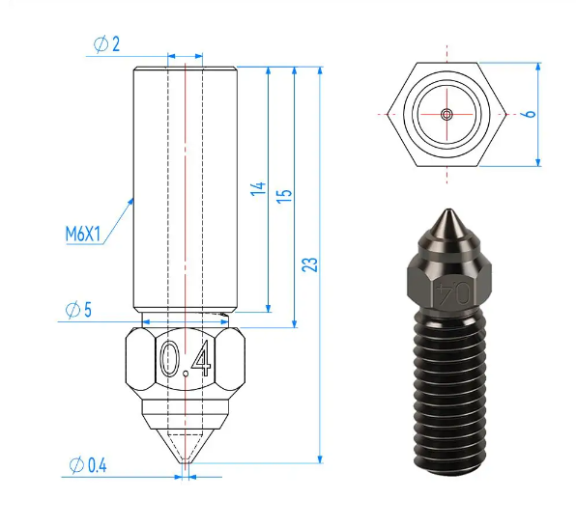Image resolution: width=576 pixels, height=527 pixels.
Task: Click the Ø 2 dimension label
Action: point(106,44)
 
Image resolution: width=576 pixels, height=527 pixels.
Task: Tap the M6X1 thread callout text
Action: point(83,234)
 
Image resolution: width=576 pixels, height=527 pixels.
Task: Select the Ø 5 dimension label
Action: point(78,310)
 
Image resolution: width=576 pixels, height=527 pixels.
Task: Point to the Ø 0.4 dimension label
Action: point(88,465)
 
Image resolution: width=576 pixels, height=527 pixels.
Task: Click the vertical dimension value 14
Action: point(258,188)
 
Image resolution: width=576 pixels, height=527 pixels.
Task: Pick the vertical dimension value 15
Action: point(284,196)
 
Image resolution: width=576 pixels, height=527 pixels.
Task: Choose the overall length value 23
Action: point(309,264)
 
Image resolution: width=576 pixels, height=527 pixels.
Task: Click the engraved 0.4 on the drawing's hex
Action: point(186,359)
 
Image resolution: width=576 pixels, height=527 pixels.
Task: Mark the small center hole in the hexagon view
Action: point(446,114)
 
